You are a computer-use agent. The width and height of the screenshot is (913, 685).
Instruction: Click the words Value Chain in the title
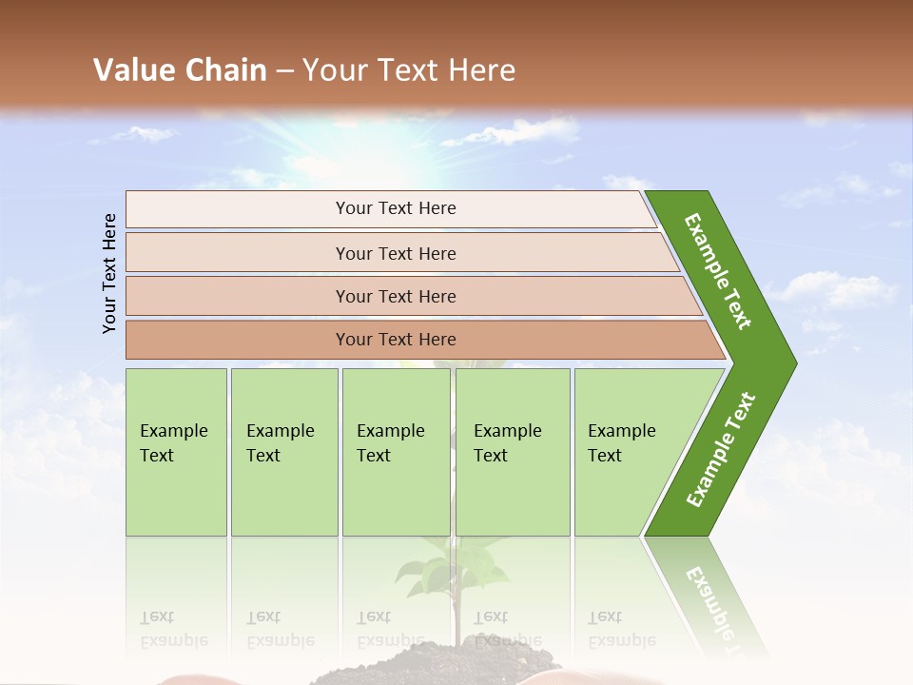click(180, 70)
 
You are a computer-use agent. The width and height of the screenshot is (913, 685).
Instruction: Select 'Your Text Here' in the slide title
click(409, 70)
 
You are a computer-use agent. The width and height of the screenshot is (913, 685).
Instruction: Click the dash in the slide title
click(284, 71)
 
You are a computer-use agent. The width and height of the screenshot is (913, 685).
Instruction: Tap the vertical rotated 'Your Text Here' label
click(109, 273)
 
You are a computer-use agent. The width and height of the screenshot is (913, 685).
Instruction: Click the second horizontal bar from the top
click(396, 253)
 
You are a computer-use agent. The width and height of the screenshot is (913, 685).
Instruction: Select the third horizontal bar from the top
click(396, 296)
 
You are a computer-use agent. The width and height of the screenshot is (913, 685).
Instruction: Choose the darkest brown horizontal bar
click(396, 340)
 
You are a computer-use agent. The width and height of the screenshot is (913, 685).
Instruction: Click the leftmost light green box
click(176, 452)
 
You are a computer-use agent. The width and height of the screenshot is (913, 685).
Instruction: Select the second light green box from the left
click(283, 452)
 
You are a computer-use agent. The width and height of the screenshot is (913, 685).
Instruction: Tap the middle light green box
click(396, 452)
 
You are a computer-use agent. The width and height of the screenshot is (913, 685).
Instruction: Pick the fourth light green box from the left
click(512, 452)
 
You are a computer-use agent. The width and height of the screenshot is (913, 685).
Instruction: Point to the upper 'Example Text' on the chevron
click(718, 271)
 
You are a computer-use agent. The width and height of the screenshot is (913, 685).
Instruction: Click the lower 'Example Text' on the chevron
click(721, 449)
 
